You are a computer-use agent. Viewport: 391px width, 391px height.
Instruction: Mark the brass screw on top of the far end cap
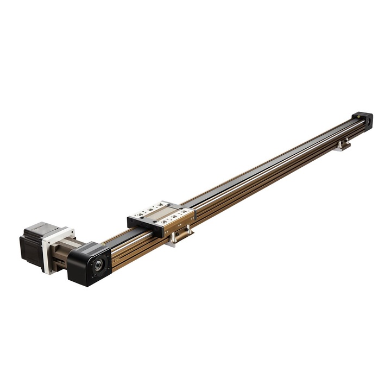(x=359, y=115)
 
